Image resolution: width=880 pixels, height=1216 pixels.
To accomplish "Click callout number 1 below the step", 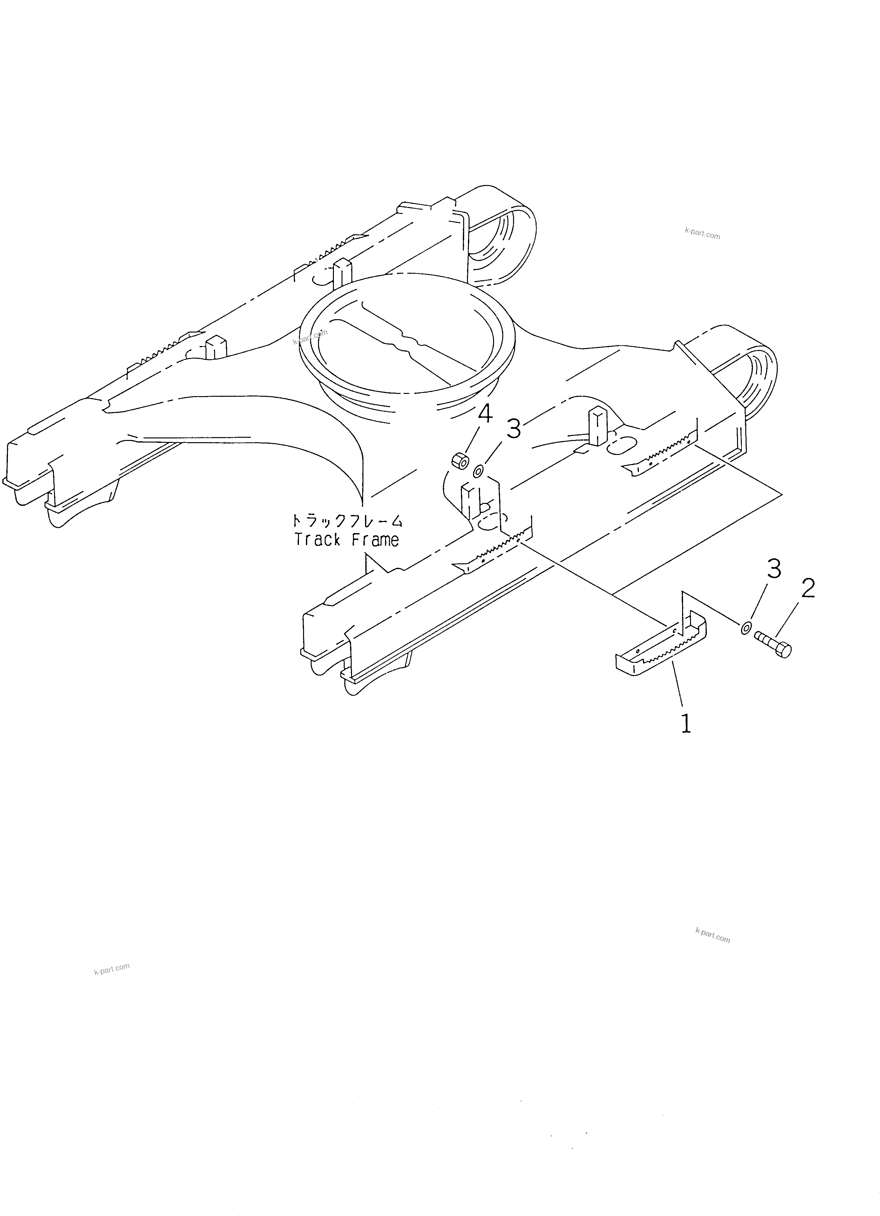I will point(686,724).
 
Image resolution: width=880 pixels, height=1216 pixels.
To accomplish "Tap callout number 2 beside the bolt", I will point(808,589).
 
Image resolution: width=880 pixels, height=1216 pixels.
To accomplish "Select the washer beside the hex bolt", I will point(746,628).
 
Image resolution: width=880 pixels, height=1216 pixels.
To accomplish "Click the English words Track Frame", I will point(347,539).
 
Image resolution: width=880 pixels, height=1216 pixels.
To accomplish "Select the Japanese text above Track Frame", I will point(347,521).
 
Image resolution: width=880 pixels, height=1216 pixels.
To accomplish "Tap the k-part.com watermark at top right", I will point(702,233).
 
